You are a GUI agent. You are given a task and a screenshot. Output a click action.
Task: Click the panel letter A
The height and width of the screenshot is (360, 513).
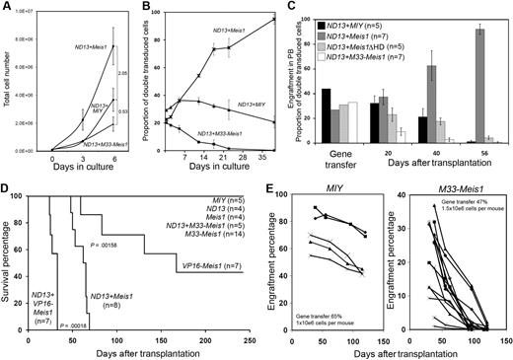(7, 9)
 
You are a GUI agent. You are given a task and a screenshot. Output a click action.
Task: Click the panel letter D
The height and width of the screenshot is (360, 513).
(8, 182)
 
